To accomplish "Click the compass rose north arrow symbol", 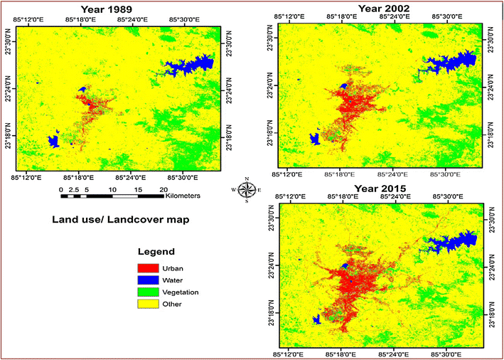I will click(x=247, y=189).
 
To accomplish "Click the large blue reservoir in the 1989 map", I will click(x=192, y=65).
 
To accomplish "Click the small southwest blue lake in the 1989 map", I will click(x=53, y=140).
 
